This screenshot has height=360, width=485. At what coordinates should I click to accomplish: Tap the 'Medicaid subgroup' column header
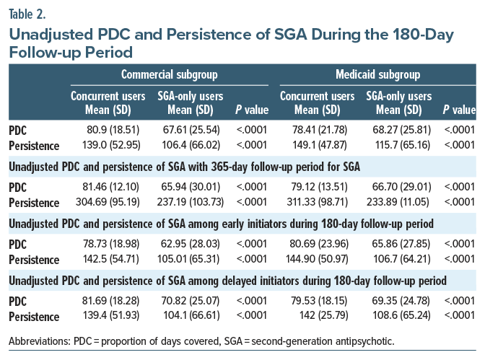coord(380,74)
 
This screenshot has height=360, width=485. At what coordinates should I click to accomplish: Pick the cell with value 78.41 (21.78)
coord(314,131)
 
